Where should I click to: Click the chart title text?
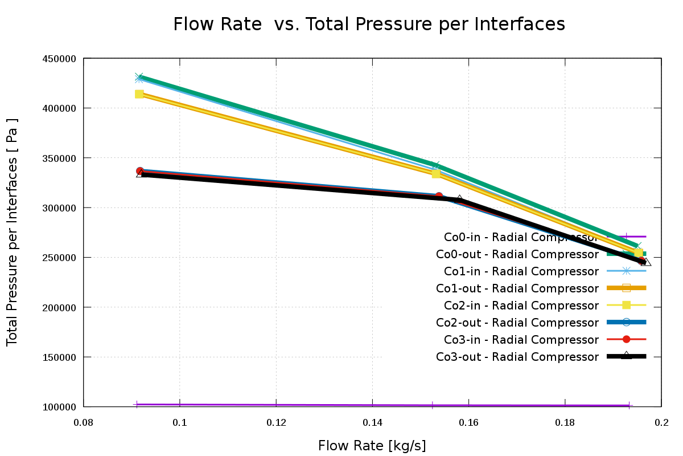pos(369,25)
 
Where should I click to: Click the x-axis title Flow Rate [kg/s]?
pos(372,445)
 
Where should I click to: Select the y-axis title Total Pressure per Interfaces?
pos(13,233)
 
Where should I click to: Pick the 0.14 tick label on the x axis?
pos(372,422)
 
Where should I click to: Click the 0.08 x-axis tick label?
pos(84,422)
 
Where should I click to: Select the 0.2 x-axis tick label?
pos(661,422)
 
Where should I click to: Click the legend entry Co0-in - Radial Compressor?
pos(521,237)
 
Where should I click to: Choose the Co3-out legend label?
pos(517,357)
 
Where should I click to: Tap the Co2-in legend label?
pos(517,306)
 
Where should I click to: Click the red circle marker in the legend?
pos(626,340)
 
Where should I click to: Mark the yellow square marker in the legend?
pos(626,306)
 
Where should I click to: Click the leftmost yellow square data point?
pos(139,94)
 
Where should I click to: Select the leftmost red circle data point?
pos(140,171)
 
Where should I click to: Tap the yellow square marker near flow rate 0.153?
pos(436,174)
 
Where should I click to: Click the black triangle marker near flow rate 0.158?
pos(459,199)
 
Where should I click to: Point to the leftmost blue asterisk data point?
pos(139,78)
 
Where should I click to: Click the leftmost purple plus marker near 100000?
pos(137,405)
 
